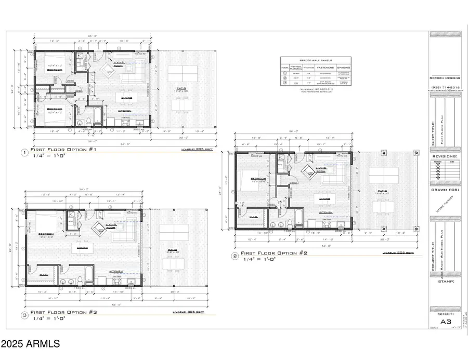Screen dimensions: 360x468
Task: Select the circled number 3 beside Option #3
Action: tap(24, 315)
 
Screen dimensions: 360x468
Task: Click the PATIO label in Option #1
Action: tap(181, 89)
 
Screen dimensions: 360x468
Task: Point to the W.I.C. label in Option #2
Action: tap(254, 217)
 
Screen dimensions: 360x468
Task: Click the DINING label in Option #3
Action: tap(82, 247)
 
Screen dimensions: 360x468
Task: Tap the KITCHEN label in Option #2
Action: tap(326, 212)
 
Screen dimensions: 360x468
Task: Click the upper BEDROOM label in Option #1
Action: tap(55, 69)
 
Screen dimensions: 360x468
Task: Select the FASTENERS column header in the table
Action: tap(322, 67)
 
